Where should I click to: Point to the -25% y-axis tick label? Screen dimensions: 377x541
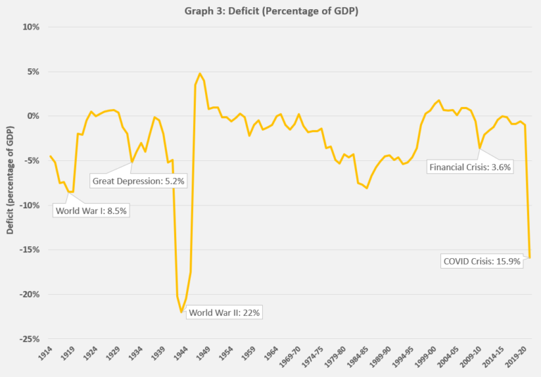pos(30,339)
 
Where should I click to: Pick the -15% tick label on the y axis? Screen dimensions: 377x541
pos(30,250)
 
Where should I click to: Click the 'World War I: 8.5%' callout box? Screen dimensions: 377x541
pos(93,210)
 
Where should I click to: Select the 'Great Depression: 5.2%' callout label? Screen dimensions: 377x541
pos(138,181)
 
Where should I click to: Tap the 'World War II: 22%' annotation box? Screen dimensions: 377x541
pos(225,312)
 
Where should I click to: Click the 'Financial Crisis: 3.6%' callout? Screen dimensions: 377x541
pos(470,167)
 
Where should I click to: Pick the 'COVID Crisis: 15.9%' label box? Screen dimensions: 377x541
pos(482,261)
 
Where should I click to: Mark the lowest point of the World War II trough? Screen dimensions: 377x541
pos(182,312)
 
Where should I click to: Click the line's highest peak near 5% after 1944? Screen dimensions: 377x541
pos(200,73)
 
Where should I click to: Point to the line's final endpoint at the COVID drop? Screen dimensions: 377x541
pos(529,257)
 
